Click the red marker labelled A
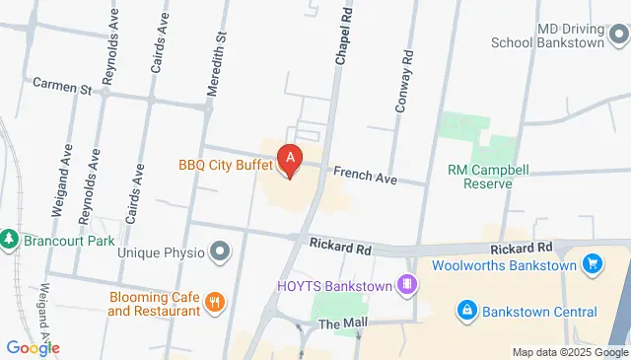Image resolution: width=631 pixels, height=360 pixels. pyautogui.click(x=289, y=159)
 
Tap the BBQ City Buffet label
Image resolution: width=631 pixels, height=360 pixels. pyautogui.click(x=226, y=166)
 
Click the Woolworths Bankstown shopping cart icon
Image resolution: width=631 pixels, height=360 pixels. pyautogui.click(x=593, y=263)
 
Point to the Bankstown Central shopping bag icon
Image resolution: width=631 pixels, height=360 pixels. pyautogui.click(x=466, y=311)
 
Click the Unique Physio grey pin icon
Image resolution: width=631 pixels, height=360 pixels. pyautogui.click(x=218, y=252)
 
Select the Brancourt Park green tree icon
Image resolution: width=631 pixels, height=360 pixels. pyautogui.click(x=9, y=240)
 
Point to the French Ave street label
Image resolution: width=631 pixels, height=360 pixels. pyautogui.click(x=364, y=175)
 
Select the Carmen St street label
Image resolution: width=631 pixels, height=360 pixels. pyautogui.click(x=61, y=86)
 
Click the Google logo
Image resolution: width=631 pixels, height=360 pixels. pyautogui.click(x=32, y=347)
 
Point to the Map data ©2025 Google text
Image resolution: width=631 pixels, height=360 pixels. pyautogui.click(x=570, y=352)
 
